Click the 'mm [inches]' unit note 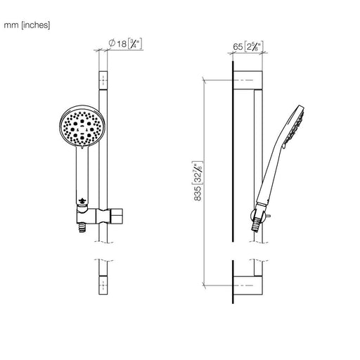[27, 25]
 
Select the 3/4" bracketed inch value [135, 44]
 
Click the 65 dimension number [238, 47]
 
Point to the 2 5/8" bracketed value [254, 46]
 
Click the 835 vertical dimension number [198, 193]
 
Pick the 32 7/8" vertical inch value [198, 173]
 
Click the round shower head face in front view [82, 127]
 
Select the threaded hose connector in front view [82, 227]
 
